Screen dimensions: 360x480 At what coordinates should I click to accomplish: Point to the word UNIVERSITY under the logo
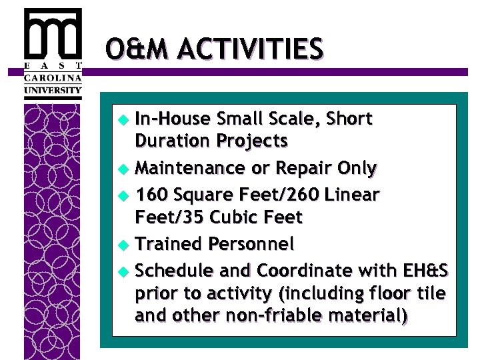(x=53, y=90)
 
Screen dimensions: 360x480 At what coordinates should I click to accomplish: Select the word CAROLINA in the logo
(x=53, y=77)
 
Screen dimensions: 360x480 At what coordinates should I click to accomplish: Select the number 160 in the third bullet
(x=151, y=195)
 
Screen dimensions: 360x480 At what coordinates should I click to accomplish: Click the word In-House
(x=169, y=119)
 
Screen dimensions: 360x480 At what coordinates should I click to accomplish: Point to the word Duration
(x=172, y=141)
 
